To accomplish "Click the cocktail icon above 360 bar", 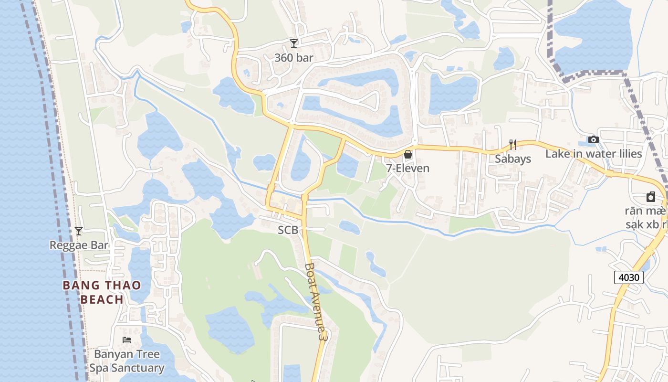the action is pyautogui.click(x=294, y=43).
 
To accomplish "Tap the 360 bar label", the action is pyautogui.click(x=294, y=58).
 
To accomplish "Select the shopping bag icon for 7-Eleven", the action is pyautogui.click(x=408, y=154).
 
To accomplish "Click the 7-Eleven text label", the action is pyautogui.click(x=408, y=168).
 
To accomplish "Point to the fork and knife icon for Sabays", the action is pyautogui.click(x=513, y=144).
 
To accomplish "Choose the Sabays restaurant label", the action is pyautogui.click(x=513, y=159).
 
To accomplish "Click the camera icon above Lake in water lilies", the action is pyautogui.click(x=594, y=139).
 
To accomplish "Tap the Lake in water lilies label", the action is pyautogui.click(x=594, y=154).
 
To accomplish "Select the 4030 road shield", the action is pyautogui.click(x=629, y=277).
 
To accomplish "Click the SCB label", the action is pyautogui.click(x=288, y=230).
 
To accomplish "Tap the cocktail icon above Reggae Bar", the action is pyautogui.click(x=79, y=231).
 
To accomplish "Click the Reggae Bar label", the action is pyautogui.click(x=79, y=245).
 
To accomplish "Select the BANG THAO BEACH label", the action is pyautogui.click(x=102, y=292).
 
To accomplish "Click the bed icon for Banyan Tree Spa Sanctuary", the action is pyautogui.click(x=127, y=340).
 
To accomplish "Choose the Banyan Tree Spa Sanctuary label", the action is pyautogui.click(x=127, y=361).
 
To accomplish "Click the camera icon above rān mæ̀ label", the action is pyautogui.click(x=651, y=197).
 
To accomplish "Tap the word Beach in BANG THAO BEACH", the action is pyautogui.click(x=102, y=300).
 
